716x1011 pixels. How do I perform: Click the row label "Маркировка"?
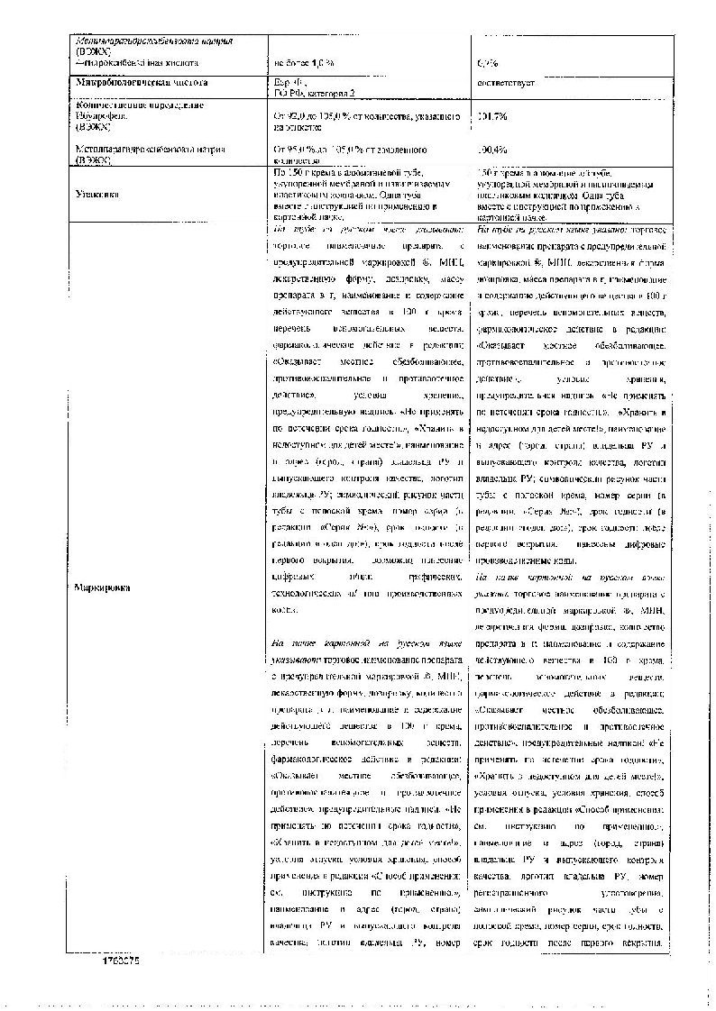pos(100,587)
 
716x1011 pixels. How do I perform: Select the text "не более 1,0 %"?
pos(306,62)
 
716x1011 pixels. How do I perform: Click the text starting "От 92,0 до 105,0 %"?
pos(356,116)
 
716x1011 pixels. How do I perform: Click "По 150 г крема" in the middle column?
pos(307,171)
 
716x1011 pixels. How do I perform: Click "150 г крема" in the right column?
pos(506,172)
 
